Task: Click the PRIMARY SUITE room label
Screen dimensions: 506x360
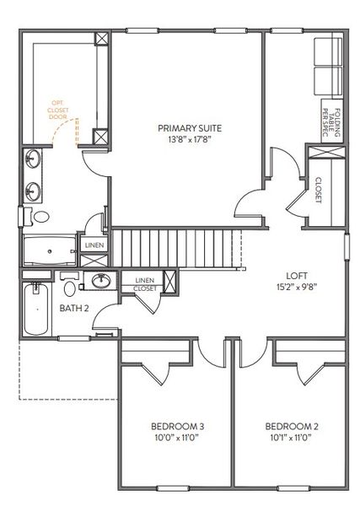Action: pos(190,128)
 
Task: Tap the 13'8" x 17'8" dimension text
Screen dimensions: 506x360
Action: pos(190,140)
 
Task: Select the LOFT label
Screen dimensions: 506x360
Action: pos(296,276)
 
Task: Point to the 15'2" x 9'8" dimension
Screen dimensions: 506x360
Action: pos(296,288)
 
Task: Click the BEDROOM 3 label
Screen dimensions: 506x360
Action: pos(178,426)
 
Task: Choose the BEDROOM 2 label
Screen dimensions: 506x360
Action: pos(291,426)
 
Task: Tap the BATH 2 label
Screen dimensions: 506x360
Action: pos(74,308)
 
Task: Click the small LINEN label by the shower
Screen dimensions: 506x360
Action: pos(94,245)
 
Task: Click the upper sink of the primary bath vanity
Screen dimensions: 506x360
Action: pos(35,158)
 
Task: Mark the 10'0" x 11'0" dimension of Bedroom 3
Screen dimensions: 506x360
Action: pos(178,438)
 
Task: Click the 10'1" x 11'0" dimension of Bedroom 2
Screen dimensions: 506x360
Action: pos(291,438)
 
